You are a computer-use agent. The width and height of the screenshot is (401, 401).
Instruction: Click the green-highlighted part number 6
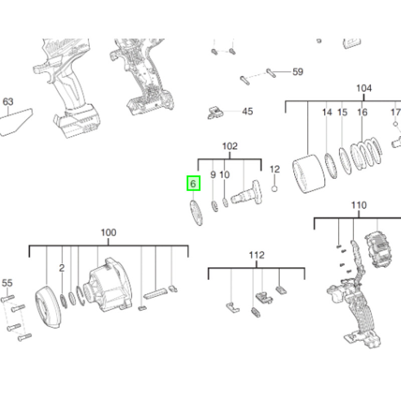pos(193,183)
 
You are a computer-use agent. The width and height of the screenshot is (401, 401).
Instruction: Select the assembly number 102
pos(230,146)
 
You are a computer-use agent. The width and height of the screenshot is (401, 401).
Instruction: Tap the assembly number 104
pos(364,89)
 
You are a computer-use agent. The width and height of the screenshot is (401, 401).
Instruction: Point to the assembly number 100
pos(108,233)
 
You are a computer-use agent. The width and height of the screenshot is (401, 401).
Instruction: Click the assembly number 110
pos(359,205)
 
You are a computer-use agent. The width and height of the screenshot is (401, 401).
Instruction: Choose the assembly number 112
pos(256,256)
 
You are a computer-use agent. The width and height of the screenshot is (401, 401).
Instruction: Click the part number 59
pos(298,72)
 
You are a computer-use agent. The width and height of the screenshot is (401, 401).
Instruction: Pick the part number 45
pos(248,111)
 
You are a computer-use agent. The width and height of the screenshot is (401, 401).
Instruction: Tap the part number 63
pos(8,102)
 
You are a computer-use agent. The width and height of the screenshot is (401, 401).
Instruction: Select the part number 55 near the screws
pos(7,283)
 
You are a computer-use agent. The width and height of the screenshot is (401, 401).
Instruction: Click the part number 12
pos(274,170)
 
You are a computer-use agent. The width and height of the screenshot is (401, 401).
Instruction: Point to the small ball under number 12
pos(274,188)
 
